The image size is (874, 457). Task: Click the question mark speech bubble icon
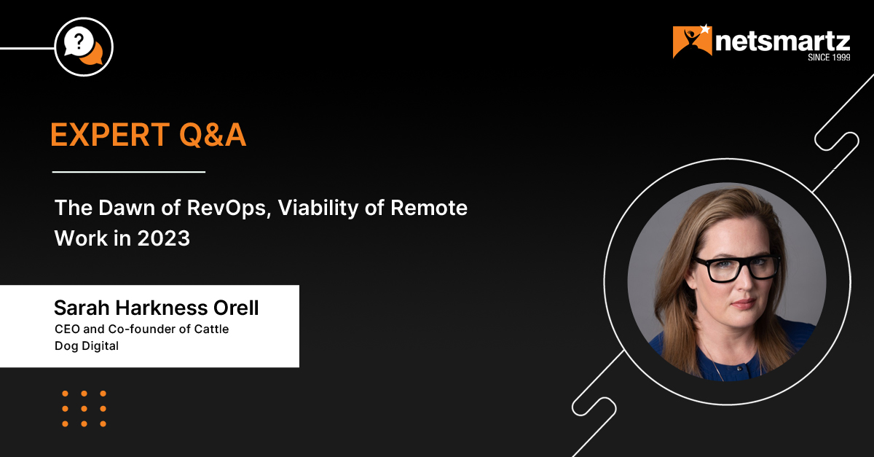pos(83,47)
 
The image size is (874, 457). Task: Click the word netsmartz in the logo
pos(783,42)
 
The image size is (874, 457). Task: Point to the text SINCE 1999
pos(829,58)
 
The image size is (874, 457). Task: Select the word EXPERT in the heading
pos(110,135)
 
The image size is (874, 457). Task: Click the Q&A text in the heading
pos(213,135)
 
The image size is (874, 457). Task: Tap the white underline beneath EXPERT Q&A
pos(129,171)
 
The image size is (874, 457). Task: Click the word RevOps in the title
pos(229,208)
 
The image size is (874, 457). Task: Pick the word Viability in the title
pos(318,208)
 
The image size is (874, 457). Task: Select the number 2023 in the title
pos(163,238)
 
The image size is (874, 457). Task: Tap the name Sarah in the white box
pos(82,308)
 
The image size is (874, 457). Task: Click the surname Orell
pos(236,308)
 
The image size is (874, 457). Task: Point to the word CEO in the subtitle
pos(67,329)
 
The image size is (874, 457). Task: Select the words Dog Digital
pos(87,346)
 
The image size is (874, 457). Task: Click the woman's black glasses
pos(736,268)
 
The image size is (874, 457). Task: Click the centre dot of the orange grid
pos(84,409)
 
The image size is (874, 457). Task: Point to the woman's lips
pos(744,303)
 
